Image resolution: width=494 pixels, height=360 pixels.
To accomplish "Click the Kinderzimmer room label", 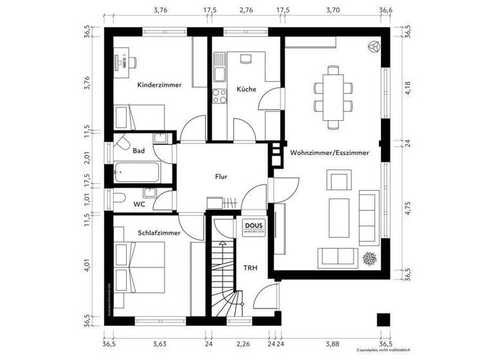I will coord(159,85).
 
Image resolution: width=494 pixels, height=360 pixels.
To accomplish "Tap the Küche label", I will coord(246,89).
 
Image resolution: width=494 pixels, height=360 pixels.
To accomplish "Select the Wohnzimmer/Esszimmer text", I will coord(329,153).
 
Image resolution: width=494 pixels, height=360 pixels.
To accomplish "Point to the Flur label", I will coord(222,175).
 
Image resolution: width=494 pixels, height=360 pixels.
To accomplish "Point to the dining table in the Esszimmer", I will coord(333,96).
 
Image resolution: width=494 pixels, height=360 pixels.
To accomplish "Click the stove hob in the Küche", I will coord(219,96).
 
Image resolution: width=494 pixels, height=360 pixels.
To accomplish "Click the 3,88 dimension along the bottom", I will coord(332,345).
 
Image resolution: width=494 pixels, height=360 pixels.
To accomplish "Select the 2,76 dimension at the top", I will coord(246,10).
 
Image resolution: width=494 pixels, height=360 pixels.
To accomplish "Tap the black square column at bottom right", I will coord(383,319).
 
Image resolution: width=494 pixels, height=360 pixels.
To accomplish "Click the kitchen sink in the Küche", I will coord(219,65).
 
